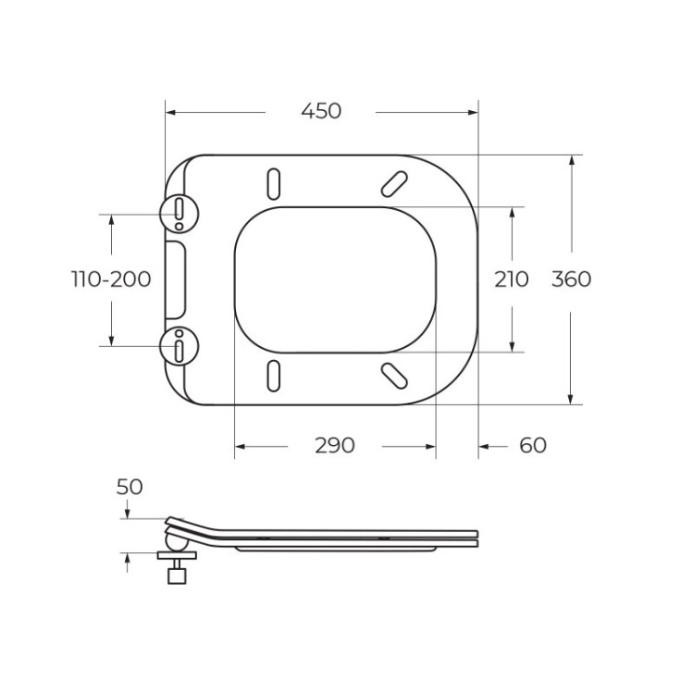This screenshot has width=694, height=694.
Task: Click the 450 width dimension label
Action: (x=321, y=111)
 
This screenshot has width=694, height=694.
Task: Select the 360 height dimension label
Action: (x=571, y=279)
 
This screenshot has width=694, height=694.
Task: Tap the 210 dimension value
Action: (x=511, y=279)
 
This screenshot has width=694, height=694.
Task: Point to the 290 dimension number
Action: (x=334, y=446)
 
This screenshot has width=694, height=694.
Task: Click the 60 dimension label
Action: (x=532, y=446)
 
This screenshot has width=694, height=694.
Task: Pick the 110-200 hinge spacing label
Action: (x=112, y=279)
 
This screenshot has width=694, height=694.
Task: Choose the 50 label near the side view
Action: (x=130, y=487)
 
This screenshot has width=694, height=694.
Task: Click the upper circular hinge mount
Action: (x=179, y=213)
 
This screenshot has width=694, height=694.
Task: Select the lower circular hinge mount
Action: (x=179, y=346)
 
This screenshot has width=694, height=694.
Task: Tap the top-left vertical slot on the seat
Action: (x=274, y=182)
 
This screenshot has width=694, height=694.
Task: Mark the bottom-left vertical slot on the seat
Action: (x=274, y=375)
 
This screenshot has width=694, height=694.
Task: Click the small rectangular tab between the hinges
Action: (x=176, y=279)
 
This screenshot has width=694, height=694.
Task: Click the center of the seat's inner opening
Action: (x=334, y=279)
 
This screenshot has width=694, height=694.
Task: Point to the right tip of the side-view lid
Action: (x=478, y=536)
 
